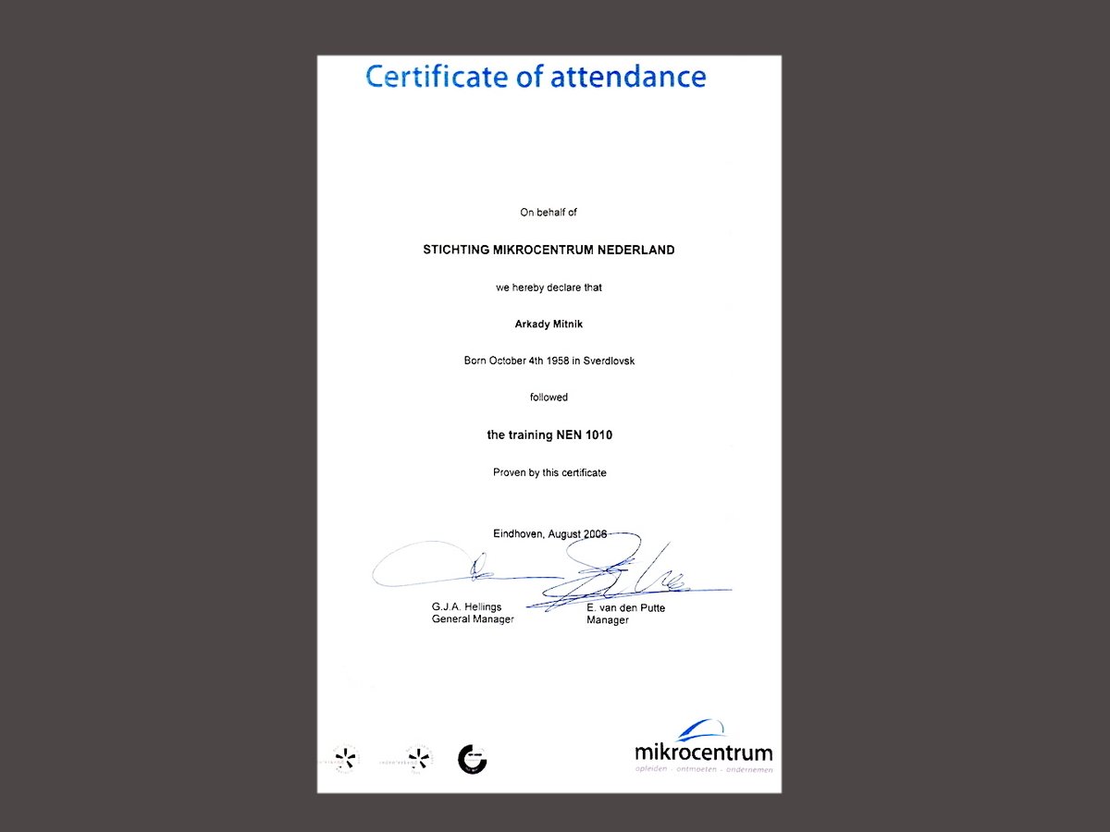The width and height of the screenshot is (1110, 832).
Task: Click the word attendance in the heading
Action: (x=628, y=76)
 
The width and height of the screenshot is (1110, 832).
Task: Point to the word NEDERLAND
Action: (x=636, y=250)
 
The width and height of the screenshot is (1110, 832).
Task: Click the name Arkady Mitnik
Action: (x=549, y=324)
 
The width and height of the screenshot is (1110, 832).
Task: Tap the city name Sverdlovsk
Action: (x=609, y=361)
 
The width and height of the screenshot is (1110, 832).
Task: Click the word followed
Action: (x=549, y=398)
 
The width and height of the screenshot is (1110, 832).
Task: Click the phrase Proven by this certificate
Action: (x=549, y=472)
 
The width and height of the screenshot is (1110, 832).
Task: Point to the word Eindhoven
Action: (x=518, y=534)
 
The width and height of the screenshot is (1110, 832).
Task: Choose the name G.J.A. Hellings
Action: (x=466, y=607)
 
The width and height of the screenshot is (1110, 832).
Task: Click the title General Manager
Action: (x=473, y=619)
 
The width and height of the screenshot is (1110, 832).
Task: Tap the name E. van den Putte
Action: (x=625, y=608)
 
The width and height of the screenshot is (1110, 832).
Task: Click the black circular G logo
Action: (x=472, y=759)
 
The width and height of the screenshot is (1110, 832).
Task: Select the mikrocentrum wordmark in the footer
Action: (x=704, y=752)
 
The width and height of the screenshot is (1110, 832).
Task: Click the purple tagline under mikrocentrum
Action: (x=704, y=769)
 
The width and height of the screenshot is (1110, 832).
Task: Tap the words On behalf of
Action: (x=549, y=213)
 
